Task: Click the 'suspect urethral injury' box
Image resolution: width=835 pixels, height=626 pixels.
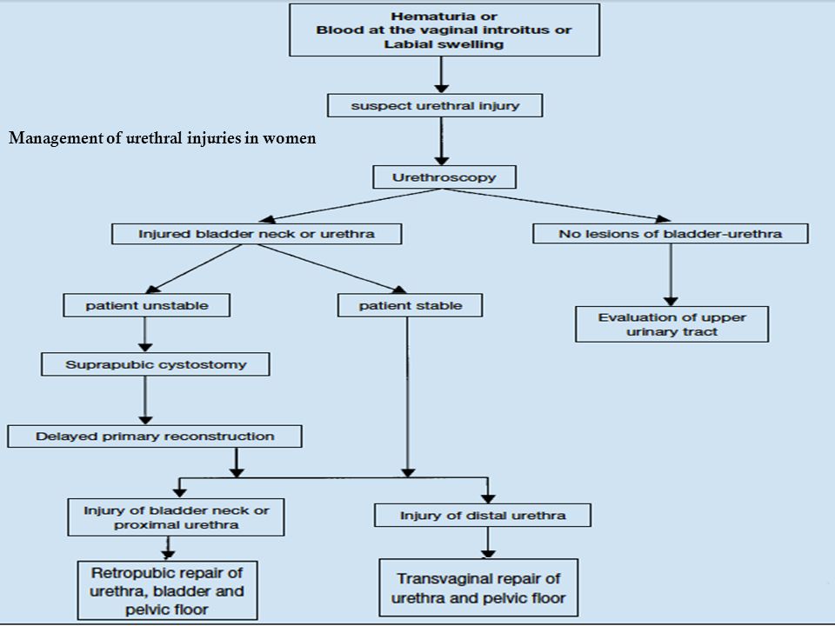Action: pos(435,105)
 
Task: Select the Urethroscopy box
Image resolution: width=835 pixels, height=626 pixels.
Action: pos(444,177)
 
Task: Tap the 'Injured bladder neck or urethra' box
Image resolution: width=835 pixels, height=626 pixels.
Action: pos(257,234)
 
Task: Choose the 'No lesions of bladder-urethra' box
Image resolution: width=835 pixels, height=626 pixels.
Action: pos(671,234)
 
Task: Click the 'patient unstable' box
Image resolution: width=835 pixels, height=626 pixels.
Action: pos(146,305)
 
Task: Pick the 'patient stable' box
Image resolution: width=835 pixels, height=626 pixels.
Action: pos(410,305)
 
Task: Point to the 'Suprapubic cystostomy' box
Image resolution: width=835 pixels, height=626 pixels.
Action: pos(156,364)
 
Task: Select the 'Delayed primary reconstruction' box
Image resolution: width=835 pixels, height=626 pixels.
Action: pos(155,436)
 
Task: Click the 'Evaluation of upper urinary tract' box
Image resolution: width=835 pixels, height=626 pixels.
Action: pos(671,324)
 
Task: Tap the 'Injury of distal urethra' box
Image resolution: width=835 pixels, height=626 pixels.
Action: pos(483,516)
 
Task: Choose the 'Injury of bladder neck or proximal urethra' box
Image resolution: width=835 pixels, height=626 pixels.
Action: pos(176,517)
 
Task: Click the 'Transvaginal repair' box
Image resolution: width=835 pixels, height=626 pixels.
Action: pos(478,588)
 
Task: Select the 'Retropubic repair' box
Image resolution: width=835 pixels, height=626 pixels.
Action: pos(167,590)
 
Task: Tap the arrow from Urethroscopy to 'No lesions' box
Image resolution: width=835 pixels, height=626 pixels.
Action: pos(556,204)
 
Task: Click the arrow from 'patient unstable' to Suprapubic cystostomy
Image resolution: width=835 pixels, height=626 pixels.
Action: pos(145,335)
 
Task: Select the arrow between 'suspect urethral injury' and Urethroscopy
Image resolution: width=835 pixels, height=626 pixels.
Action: pos(442,141)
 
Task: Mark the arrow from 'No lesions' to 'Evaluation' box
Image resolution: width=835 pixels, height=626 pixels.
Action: pos(671,276)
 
